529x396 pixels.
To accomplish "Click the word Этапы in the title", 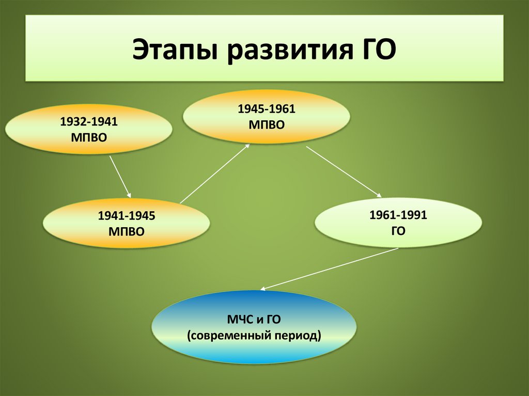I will [174, 50].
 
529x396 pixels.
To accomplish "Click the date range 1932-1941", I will [89, 122].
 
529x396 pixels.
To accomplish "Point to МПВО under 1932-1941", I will [89, 137].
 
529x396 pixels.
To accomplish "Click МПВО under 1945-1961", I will [267, 124].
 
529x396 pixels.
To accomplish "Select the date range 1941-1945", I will [127, 216].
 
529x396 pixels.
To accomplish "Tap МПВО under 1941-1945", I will [127, 231].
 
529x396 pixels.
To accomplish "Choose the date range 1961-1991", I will [398, 215].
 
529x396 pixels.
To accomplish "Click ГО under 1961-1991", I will [398, 230].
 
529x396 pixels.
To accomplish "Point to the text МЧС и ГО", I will [254, 320].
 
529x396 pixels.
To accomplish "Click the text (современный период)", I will [254, 336].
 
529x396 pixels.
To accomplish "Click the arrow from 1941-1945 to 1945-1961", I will [215, 173].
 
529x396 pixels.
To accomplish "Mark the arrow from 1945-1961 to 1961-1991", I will [344, 171].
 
